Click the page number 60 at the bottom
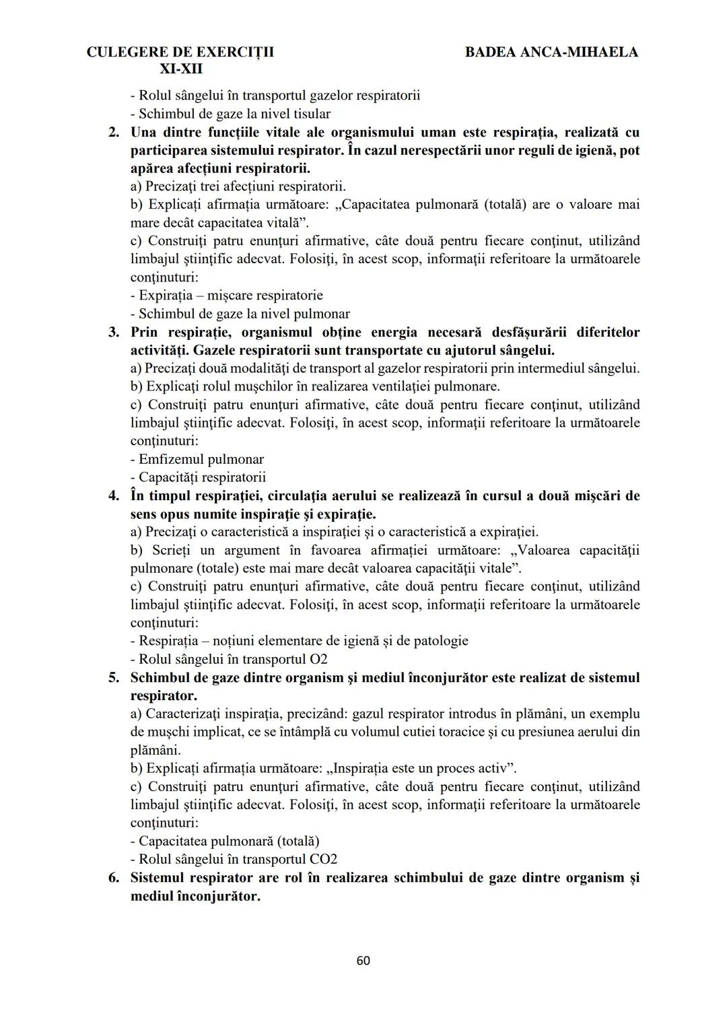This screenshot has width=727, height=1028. click(363, 961)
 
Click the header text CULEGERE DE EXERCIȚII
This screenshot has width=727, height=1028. click(180, 52)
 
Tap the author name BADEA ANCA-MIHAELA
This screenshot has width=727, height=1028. click(551, 52)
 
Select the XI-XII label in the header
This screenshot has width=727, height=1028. click(180, 69)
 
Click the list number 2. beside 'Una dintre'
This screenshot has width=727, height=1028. click(114, 132)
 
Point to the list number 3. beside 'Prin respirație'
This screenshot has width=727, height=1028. click(114, 332)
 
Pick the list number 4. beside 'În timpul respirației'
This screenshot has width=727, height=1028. click(114, 495)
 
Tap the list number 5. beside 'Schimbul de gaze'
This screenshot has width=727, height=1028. click(114, 677)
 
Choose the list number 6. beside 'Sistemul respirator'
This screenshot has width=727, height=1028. click(114, 877)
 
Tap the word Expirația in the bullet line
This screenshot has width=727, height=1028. click(168, 296)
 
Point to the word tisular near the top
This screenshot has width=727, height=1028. click(311, 114)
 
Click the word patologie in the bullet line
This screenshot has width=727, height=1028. click(438, 641)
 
